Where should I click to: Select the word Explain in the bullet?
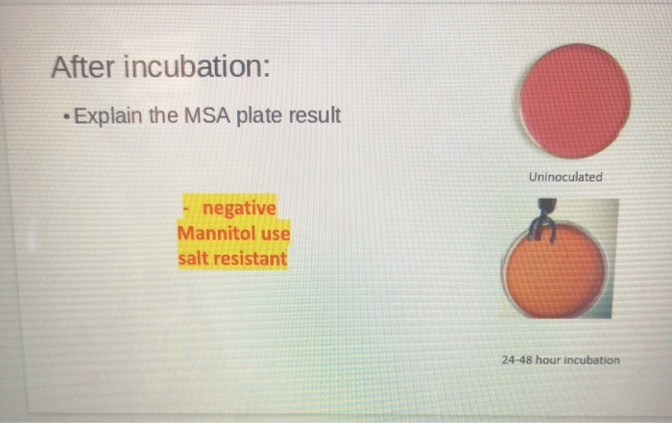[x=108, y=117]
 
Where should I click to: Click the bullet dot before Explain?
[x=63, y=118]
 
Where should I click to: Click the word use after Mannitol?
[x=274, y=234]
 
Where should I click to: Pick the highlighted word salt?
[x=195, y=259]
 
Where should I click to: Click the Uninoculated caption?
[x=565, y=177]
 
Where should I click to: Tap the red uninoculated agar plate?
[x=575, y=100]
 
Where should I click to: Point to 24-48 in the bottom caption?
[x=516, y=361]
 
